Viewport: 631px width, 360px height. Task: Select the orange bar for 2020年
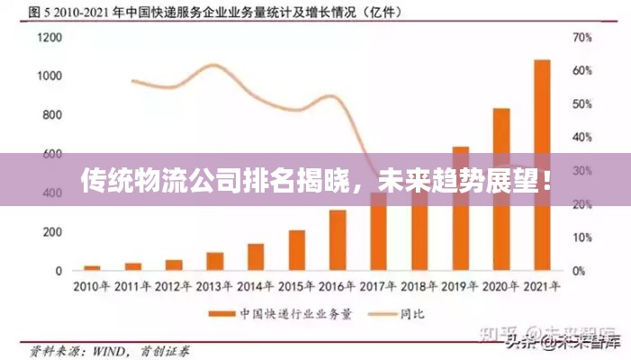click(501, 189)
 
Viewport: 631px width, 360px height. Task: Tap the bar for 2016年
click(338, 239)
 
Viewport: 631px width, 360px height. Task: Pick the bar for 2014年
click(256, 256)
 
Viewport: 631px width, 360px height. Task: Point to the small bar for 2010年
click(92, 267)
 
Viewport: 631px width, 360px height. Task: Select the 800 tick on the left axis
click(52, 115)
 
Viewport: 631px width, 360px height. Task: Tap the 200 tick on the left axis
click(52, 231)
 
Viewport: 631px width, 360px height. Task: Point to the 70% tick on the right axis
click(581, 38)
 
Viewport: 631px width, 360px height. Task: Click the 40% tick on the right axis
click(581, 138)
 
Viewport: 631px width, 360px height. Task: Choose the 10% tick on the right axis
click(581, 238)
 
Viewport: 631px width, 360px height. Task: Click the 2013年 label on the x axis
click(214, 287)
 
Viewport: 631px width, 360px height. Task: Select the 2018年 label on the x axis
click(419, 287)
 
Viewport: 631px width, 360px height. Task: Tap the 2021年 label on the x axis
click(542, 287)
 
